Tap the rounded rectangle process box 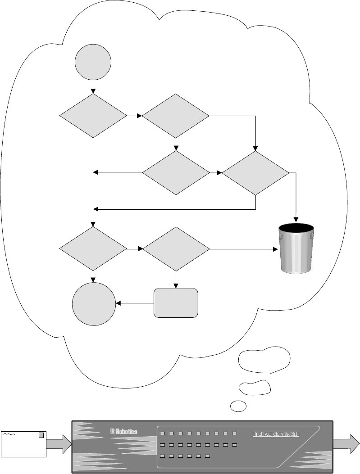point(176,303)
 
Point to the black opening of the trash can point(296,229)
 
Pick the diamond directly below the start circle point(93,116)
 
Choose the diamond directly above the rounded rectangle point(176,248)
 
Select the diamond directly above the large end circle point(93,248)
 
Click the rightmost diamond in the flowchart point(255,173)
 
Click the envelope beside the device point(23,442)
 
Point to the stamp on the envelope point(41,435)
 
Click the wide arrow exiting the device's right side point(347,442)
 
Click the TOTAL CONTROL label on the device point(277,434)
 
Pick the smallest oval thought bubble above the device point(238,406)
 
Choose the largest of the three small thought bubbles point(264,360)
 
